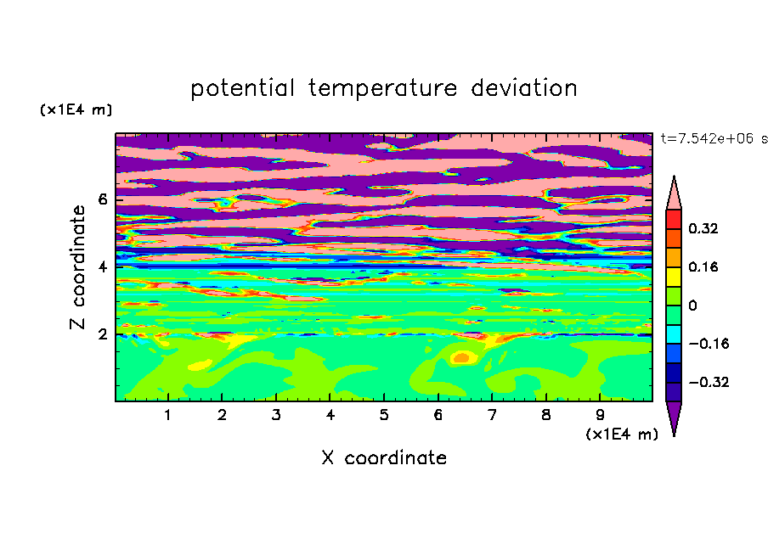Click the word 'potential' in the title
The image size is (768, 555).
pos(242,88)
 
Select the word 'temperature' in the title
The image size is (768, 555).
pos(383,88)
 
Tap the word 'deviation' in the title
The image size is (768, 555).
pos(524,87)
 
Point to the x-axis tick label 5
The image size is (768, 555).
pos(384,415)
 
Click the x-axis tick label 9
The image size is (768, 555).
pos(600,415)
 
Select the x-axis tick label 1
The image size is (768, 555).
pos(167,415)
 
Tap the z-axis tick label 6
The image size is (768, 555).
pos(102,199)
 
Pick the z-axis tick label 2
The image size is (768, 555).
pos(102,334)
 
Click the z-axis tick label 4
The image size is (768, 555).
pos(102,267)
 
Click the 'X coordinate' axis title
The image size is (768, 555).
pos(384,457)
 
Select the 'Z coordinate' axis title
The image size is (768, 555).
pos(77,267)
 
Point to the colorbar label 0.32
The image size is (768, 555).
pos(703,228)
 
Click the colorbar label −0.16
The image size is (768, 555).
pos(709,344)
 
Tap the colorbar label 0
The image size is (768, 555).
pos(692,306)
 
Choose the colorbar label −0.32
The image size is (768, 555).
pos(709,382)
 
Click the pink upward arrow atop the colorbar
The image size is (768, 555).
pos(674,193)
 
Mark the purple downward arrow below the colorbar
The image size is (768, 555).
pos(674,417)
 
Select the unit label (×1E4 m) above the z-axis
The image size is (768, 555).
pos(76,109)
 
